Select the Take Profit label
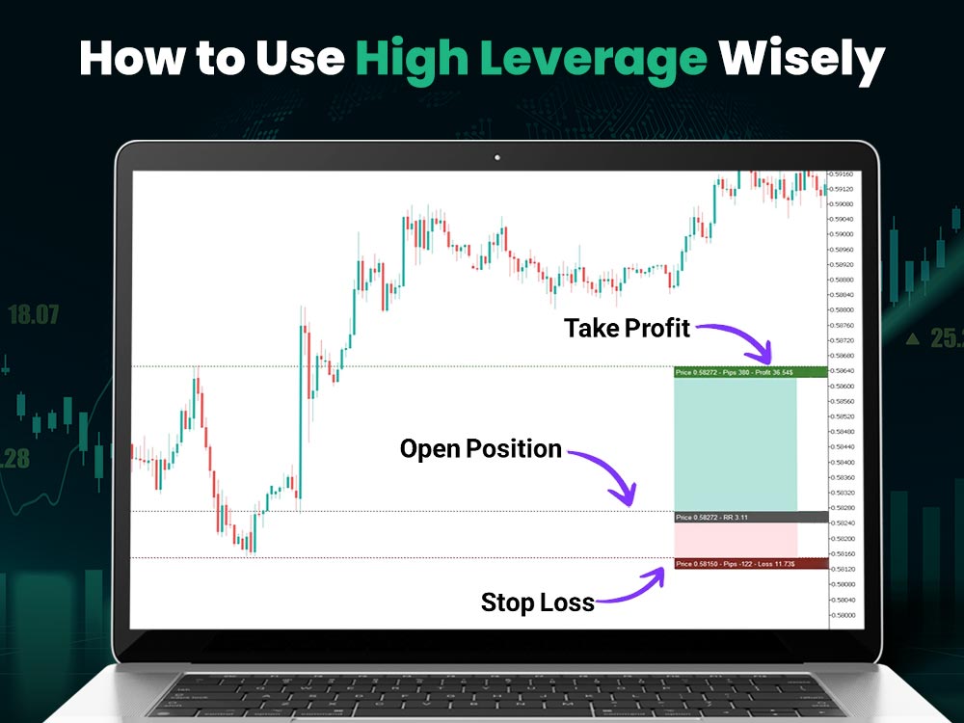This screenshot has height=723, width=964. point(628,328)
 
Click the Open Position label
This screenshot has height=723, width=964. point(480,448)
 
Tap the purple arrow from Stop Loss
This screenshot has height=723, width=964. point(631,585)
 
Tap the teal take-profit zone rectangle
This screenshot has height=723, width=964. point(736,443)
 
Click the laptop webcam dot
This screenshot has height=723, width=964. point(496,156)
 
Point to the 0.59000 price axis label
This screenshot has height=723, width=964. point(844,234)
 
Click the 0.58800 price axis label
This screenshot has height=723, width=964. point(844,310)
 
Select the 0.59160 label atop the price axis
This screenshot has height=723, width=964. point(844,174)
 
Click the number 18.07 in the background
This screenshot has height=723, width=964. point(34,314)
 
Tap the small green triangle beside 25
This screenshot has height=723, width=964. point(912,338)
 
